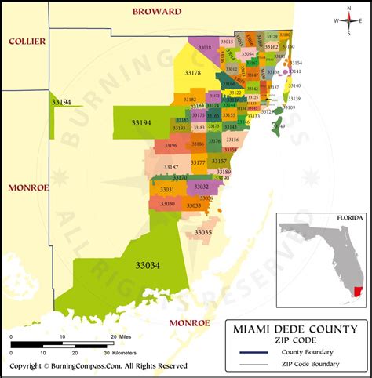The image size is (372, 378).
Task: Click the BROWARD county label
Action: point(157,12)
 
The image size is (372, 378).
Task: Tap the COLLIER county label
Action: point(26,41)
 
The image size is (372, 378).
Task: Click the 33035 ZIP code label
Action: point(203,232)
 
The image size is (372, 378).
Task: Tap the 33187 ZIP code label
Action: point(171,167)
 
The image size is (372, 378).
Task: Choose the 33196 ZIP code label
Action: point(170,145)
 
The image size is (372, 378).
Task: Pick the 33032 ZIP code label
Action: point(202,187)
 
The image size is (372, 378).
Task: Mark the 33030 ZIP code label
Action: point(167,203)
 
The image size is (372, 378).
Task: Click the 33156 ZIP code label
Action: point(232,140)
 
